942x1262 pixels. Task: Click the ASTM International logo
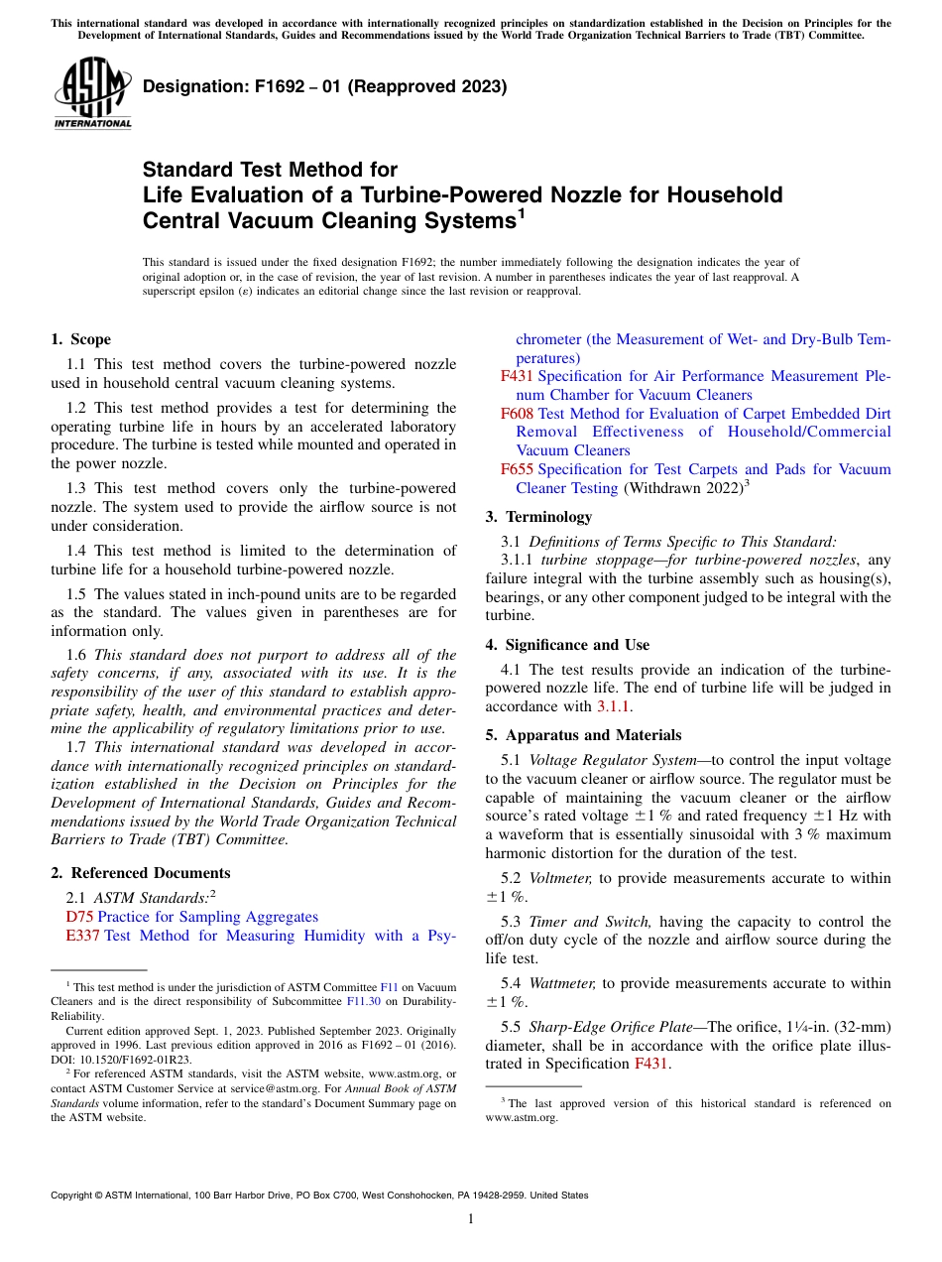click(x=92, y=93)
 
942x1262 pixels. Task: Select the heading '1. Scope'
click(x=80, y=339)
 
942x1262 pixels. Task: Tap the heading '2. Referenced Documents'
click(x=141, y=873)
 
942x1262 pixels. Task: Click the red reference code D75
click(x=79, y=917)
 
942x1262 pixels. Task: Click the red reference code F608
click(x=517, y=414)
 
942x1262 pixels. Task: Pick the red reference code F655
click(x=517, y=469)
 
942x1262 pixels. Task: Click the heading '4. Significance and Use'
click(x=567, y=645)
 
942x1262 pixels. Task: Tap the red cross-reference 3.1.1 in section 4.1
click(x=612, y=706)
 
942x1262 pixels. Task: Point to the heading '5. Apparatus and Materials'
click(x=583, y=735)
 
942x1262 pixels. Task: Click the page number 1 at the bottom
click(x=471, y=1218)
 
